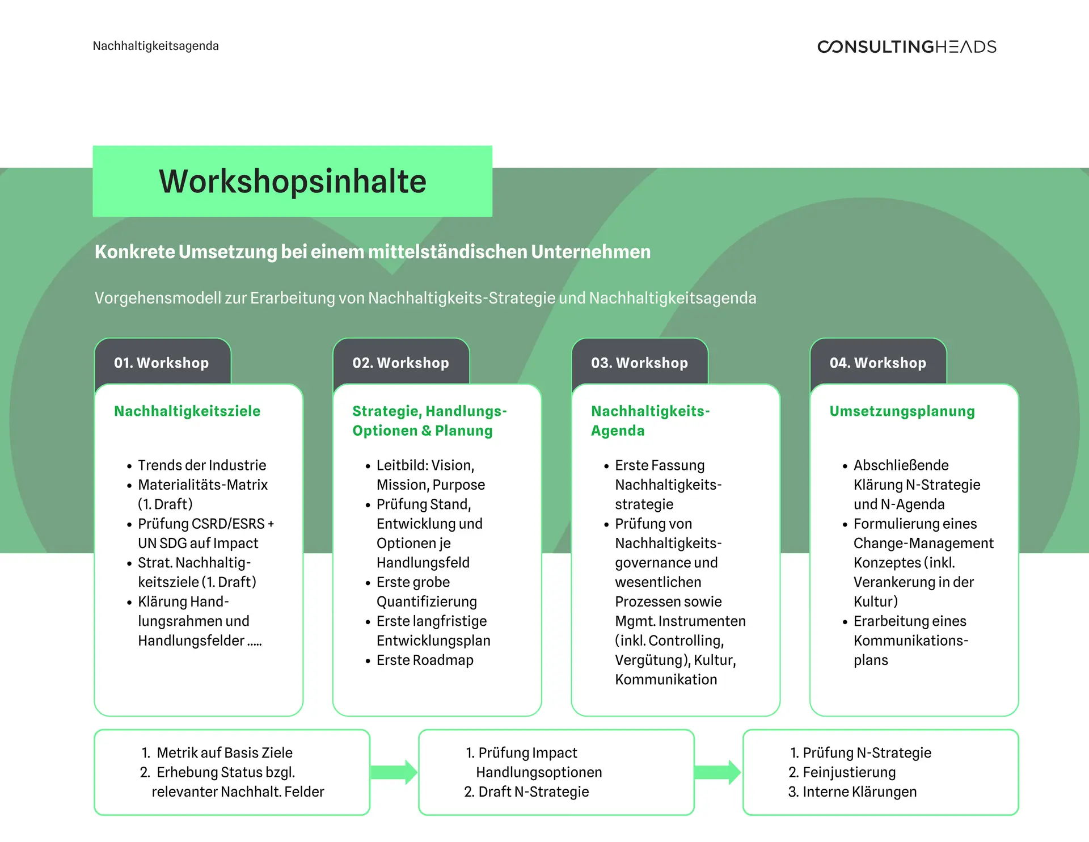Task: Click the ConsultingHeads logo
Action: (906, 47)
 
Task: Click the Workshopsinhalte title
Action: (292, 182)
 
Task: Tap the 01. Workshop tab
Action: (162, 363)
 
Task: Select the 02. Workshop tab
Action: (400, 363)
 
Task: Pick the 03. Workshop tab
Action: (639, 363)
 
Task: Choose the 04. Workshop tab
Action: (877, 363)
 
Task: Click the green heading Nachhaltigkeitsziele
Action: (187, 411)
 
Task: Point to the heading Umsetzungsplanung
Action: (902, 411)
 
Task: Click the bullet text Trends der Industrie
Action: (202, 465)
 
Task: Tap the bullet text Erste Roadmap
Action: (425, 660)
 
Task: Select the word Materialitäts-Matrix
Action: (202, 485)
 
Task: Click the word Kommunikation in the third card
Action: (666, 679)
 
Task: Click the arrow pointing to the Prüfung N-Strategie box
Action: (718, 772)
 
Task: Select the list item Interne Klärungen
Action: (859, 792)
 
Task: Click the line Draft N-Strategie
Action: (533, 792)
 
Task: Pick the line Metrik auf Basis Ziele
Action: (224, 753)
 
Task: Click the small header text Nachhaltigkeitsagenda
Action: (155, 46)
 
